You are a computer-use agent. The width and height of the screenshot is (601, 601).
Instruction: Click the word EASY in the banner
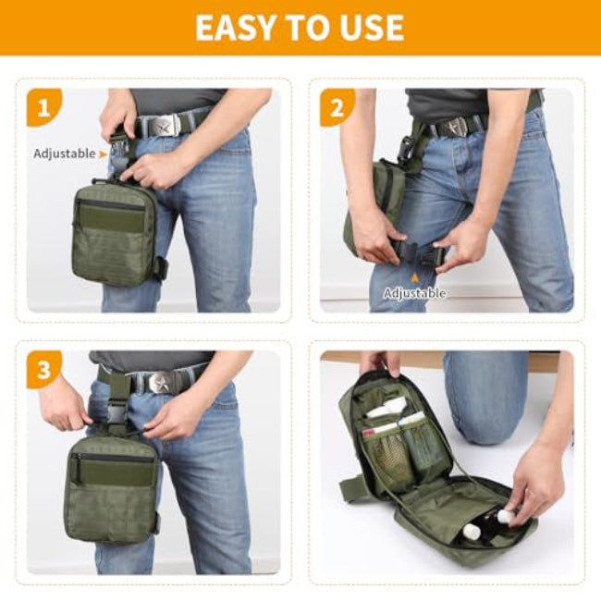235,27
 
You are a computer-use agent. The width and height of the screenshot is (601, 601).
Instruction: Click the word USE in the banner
371,27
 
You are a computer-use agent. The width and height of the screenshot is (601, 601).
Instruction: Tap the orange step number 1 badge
43,107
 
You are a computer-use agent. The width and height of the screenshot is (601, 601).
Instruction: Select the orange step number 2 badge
337,107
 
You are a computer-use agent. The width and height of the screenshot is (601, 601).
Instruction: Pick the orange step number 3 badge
43,370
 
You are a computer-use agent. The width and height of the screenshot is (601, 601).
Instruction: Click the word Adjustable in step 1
65,153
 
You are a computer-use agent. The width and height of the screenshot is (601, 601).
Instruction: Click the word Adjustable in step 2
415,293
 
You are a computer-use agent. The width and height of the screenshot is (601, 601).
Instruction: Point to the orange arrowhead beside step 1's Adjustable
103,154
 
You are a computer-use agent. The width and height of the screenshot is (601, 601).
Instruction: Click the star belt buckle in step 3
159,382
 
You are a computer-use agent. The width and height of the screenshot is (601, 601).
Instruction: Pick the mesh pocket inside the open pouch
388,455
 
